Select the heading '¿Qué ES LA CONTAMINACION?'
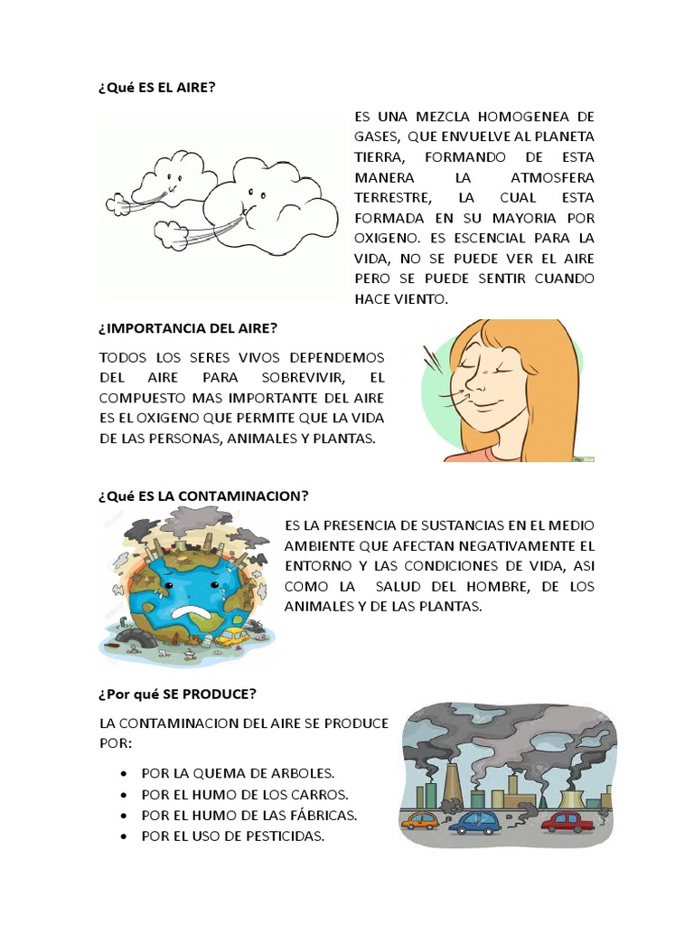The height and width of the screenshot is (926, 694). (x=203, y=496)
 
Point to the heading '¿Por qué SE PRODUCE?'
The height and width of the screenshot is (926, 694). (x=177, y=694)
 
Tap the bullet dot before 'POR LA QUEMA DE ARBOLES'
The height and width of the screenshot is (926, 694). (x=123, y=774)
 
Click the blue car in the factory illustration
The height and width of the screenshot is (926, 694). (x=478, y=822)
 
